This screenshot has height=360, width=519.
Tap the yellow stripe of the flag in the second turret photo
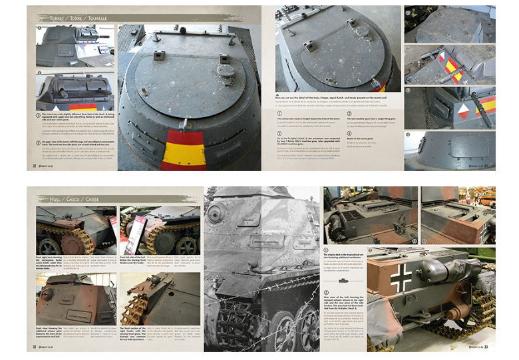pos(83,107)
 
